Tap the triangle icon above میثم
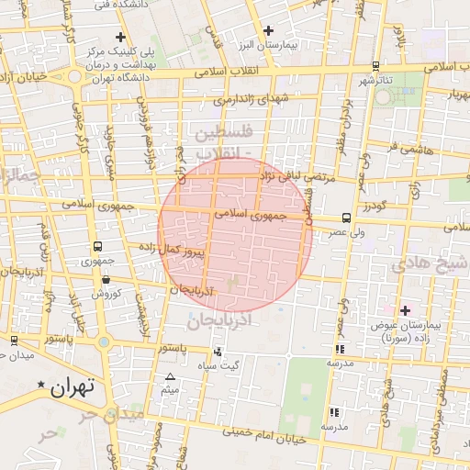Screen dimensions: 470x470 coord(170,376)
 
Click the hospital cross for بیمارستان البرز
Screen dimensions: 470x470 coord(267,31)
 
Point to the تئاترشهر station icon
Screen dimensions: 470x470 coord(375,66)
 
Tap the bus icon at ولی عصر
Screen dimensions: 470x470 coord(345,218)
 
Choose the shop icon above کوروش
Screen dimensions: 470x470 coord(105,280)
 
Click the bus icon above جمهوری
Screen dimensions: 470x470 coord(97,247)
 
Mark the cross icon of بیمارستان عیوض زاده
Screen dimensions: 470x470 coord(405,310)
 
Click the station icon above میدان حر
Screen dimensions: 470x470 coord(14,339)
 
